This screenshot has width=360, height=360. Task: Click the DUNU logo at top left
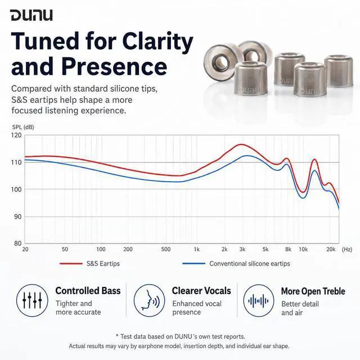coord(31,15)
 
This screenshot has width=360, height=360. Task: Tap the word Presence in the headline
coord(114,66)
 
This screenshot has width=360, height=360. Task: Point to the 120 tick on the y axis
coord(16,135)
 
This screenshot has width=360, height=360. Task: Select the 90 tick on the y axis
coord(16,217)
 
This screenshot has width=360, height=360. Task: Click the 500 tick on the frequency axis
coord(166,249)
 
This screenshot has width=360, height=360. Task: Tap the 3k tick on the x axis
coord(242,249)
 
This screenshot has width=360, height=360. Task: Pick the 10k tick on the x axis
coord(303,249)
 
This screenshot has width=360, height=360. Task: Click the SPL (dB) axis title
coord(23,127)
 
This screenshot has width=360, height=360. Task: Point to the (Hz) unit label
coord(347,249)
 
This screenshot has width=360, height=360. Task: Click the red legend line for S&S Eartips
coord(71,264)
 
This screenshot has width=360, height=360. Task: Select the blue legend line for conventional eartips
coord(193,264)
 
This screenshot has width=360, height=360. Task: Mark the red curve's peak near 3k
coord(241,145)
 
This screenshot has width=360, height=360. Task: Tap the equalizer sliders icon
coord(32,300)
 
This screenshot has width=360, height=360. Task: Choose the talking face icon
coord(149,300)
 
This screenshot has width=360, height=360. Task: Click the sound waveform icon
coord(259,300)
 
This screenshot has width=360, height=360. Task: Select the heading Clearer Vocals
coord(201,291)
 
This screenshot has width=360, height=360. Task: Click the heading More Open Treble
coord(313,291)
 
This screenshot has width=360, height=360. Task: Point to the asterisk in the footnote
coord(118,336)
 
